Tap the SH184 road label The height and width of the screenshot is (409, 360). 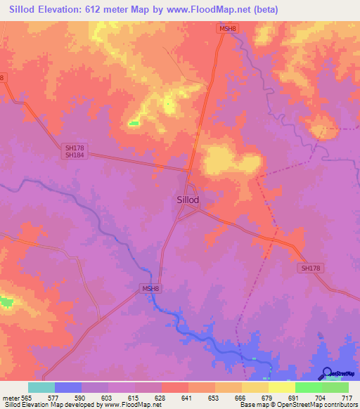75,155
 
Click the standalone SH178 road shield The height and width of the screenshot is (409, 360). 310,268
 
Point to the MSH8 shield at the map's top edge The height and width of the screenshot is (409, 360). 225,28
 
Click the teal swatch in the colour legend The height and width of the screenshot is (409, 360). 41,387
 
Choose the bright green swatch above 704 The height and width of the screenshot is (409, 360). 308,387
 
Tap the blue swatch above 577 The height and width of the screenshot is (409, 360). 67,387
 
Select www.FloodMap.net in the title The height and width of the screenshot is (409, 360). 212,10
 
